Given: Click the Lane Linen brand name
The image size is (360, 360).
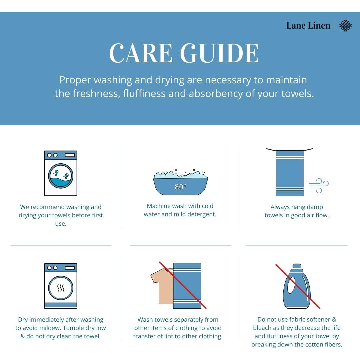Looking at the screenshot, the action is [308, 25].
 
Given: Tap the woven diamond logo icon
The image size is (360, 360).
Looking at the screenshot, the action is [345, 25].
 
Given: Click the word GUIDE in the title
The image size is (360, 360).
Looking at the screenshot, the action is [219, 53].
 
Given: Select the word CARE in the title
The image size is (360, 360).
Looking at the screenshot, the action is [141, 53].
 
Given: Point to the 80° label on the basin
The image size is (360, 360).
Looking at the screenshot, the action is [180, 187].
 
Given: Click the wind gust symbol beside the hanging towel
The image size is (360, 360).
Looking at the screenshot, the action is [319, 186].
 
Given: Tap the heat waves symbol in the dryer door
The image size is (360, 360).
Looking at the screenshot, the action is [61, 288].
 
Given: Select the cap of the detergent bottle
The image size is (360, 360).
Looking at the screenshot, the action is [297, 266].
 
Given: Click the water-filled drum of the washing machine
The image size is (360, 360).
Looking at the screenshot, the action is [61, 176].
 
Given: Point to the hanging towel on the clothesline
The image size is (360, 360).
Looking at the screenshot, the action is [290, 173].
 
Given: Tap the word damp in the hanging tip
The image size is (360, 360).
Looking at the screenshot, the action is [315, 207].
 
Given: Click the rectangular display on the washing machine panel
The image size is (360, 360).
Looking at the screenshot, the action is [70, 155].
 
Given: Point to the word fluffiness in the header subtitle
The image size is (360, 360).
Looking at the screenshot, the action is [144, 94].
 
